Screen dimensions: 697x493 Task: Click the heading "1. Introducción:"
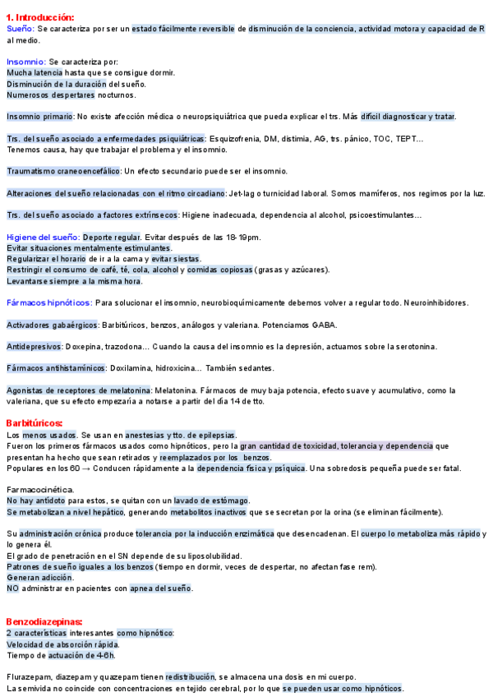pos(39,17)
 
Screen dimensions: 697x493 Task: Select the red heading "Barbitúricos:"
pos(35,423)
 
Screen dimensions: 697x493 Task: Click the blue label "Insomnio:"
pos(26,62)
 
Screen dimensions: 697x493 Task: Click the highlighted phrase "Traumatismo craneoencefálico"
pos(63,171)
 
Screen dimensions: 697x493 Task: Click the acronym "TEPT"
pos(405,138)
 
